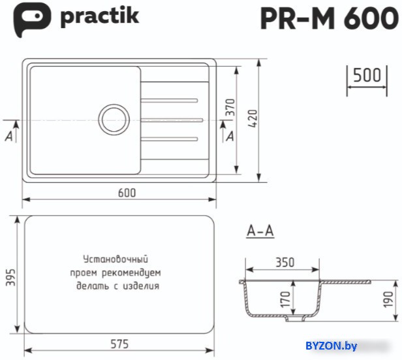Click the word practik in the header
click(100, 16)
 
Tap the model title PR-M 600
click(329, 18)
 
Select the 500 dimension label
click(367, 76)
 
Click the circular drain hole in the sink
click(114, 119)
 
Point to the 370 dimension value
click(230, 108)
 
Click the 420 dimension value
click(253, 119)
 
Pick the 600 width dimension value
click(127, 193)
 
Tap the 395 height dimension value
click(10, 277)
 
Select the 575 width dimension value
click(119, 344)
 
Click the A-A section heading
click(260, 231)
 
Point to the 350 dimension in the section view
click(285, 262)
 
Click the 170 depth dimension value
click(285, 299)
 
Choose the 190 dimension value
click(388, 299)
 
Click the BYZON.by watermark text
click(331, 346)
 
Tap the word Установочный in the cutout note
click(116, 260)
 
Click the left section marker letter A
click(9, 136)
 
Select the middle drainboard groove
click(172, 120)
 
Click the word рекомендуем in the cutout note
click(131, 273)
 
